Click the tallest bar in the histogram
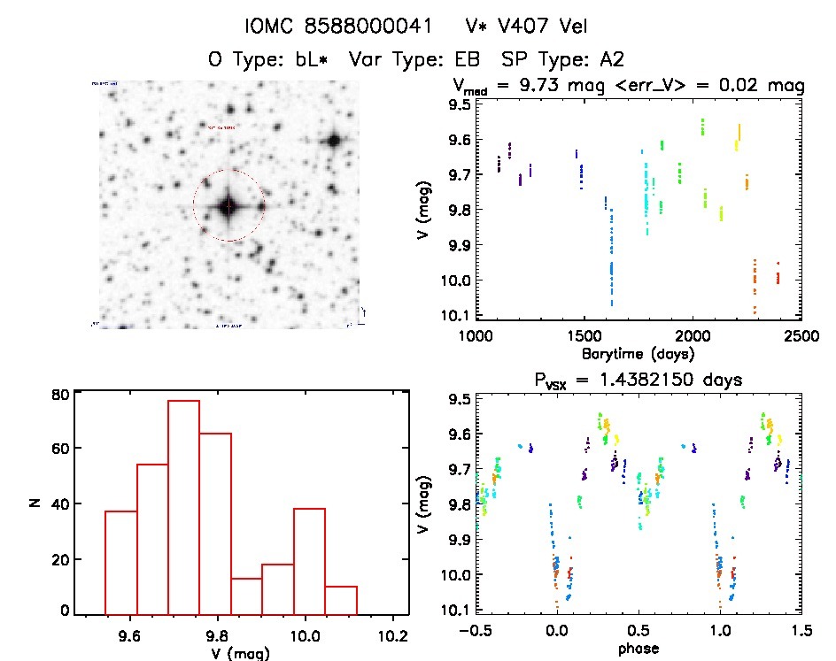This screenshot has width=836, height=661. (x=183, y=507)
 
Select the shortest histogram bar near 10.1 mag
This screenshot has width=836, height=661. (x=341, y=599)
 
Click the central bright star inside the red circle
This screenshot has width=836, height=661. (x=228, y=206)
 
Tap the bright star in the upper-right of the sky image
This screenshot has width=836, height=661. (x=334, y=140)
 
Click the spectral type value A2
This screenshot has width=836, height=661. (x=611, y=60)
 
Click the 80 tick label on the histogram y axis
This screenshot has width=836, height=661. (x=60, y=395)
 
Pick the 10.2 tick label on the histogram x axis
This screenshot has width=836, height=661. (x=391, y=635)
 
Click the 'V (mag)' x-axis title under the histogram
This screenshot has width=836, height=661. (x=242, y=652)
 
